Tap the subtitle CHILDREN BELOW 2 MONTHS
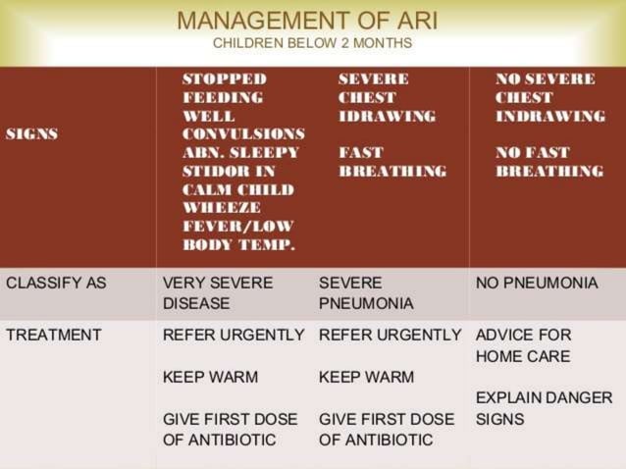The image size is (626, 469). click(312, 43)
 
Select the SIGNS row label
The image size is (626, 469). click(31, 134)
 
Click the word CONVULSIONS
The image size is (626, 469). click(243, 134)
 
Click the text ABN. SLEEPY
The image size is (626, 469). click(240, 153)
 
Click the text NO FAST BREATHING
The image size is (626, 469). click(548, 162)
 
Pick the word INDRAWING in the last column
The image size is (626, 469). click(549, 117)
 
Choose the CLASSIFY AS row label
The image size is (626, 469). click(55, 283)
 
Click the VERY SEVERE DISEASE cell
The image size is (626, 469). click(217, 293)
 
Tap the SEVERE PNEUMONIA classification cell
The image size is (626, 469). click(366, 293)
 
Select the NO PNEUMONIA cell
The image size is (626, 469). click(536, 283)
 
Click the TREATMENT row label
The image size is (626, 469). click(53, 335)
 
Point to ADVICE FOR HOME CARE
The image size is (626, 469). click(523, 345)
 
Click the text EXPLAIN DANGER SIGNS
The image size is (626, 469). click(544, 408)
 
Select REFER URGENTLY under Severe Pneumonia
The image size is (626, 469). click(390, 335)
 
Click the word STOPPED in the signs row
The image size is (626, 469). click(224, 79)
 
